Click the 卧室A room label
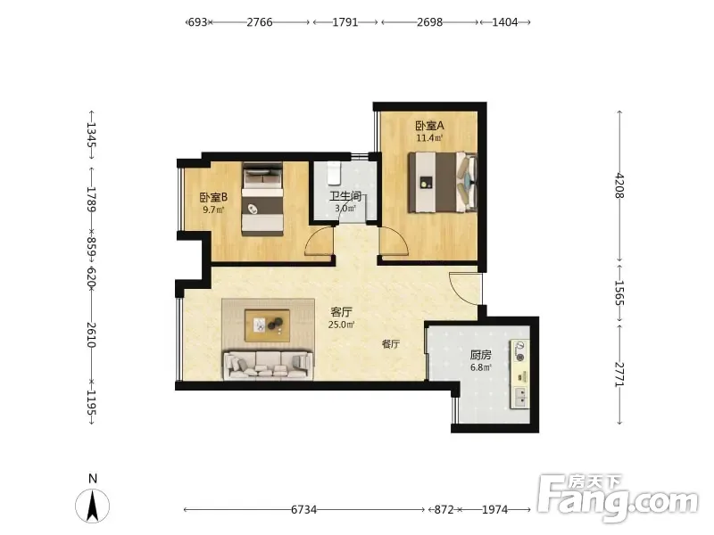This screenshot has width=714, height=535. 429,125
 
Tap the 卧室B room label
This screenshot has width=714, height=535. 213,197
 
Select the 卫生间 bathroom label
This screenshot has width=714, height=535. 345,196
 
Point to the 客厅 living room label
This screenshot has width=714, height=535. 341,312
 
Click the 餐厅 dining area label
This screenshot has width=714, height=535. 391,344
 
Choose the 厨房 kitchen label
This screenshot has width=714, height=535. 480,355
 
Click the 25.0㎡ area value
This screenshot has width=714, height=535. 341,325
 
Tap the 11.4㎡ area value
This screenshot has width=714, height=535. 429,138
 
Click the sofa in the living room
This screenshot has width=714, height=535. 268,365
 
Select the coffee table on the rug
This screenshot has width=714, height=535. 267,325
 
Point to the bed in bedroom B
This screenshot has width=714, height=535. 262,199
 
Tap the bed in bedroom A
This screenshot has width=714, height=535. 442,183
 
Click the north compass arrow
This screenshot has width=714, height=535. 93,506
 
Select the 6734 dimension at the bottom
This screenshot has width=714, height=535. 303,509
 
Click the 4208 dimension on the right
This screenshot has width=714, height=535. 619,185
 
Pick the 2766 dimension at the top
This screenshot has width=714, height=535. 260,21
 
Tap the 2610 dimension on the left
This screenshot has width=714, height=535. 91,335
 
